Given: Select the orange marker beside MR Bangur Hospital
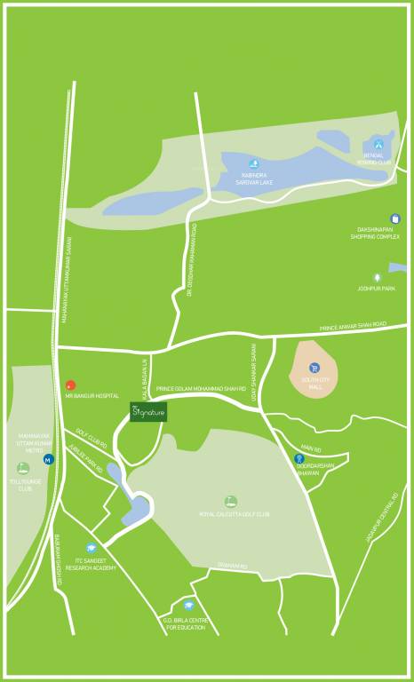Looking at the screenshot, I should click(69, 385).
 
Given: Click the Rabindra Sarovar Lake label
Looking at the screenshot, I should click(254, 178).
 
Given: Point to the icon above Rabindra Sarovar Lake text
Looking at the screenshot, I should click(254, 164).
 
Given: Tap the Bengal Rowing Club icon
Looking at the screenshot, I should click(379, 141).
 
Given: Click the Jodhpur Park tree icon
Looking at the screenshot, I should click(377, 277).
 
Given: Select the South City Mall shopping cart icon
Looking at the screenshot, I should click(314, 368).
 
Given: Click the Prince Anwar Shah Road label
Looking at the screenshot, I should click(353, 325).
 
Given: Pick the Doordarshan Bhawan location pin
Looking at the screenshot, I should click(299, 458).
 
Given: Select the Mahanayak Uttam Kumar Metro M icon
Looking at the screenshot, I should click(48, 459).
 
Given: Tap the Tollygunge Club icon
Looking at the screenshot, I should click(23, 468).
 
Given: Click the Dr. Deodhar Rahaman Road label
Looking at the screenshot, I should click(193, 258).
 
